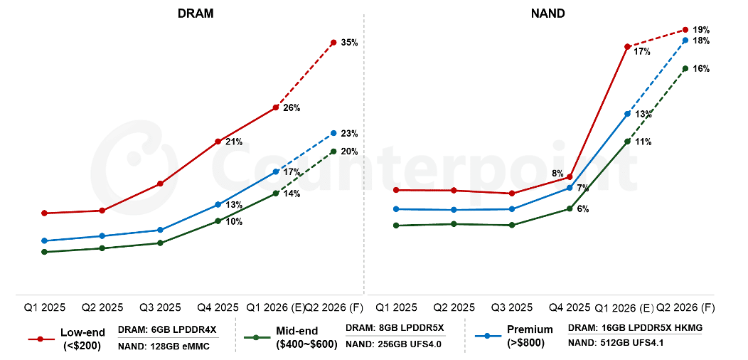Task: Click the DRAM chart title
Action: pos(195,14)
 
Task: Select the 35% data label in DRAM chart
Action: pos(349,43)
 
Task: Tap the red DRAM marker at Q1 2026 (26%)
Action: pos(276,107)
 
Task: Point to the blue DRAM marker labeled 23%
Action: pos(333,133)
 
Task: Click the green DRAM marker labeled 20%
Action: pos(333,152)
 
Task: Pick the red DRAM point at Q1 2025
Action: pos(44,213)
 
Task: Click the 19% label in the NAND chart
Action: pos(701,30)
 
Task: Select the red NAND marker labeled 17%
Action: pos(626,47)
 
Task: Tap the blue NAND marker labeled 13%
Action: pos(627,114)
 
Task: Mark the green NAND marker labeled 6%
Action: pos(570,208)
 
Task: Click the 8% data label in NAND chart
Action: pos(557,173)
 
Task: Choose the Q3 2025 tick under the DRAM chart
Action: pos(160,308)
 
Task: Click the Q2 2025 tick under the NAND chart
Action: pos(454,308)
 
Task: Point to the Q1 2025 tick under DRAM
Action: pos(44,308)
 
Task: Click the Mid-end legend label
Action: pos(297,331)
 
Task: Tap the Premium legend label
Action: pos(530,329)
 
